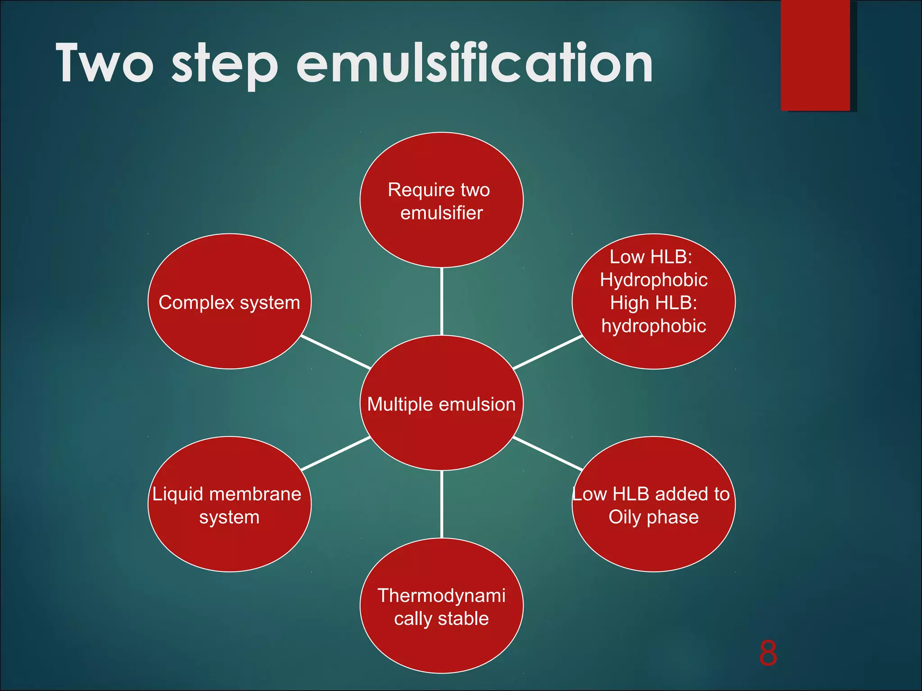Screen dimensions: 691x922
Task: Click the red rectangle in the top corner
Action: tap(815, 55)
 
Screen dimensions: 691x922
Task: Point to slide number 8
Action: tap(768, 653)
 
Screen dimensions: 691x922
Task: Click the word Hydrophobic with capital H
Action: tap(653, 280)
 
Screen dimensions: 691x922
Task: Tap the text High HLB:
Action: tap(653, 303)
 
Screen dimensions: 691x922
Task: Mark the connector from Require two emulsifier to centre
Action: tap(442, 301)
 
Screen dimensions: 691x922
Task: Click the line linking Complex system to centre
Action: tap(335, 352)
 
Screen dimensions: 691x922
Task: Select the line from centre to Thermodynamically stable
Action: tap(442, 504)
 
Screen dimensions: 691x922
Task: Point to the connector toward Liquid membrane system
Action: tap(335, 453)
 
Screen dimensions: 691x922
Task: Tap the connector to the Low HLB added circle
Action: tap(547, 453)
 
